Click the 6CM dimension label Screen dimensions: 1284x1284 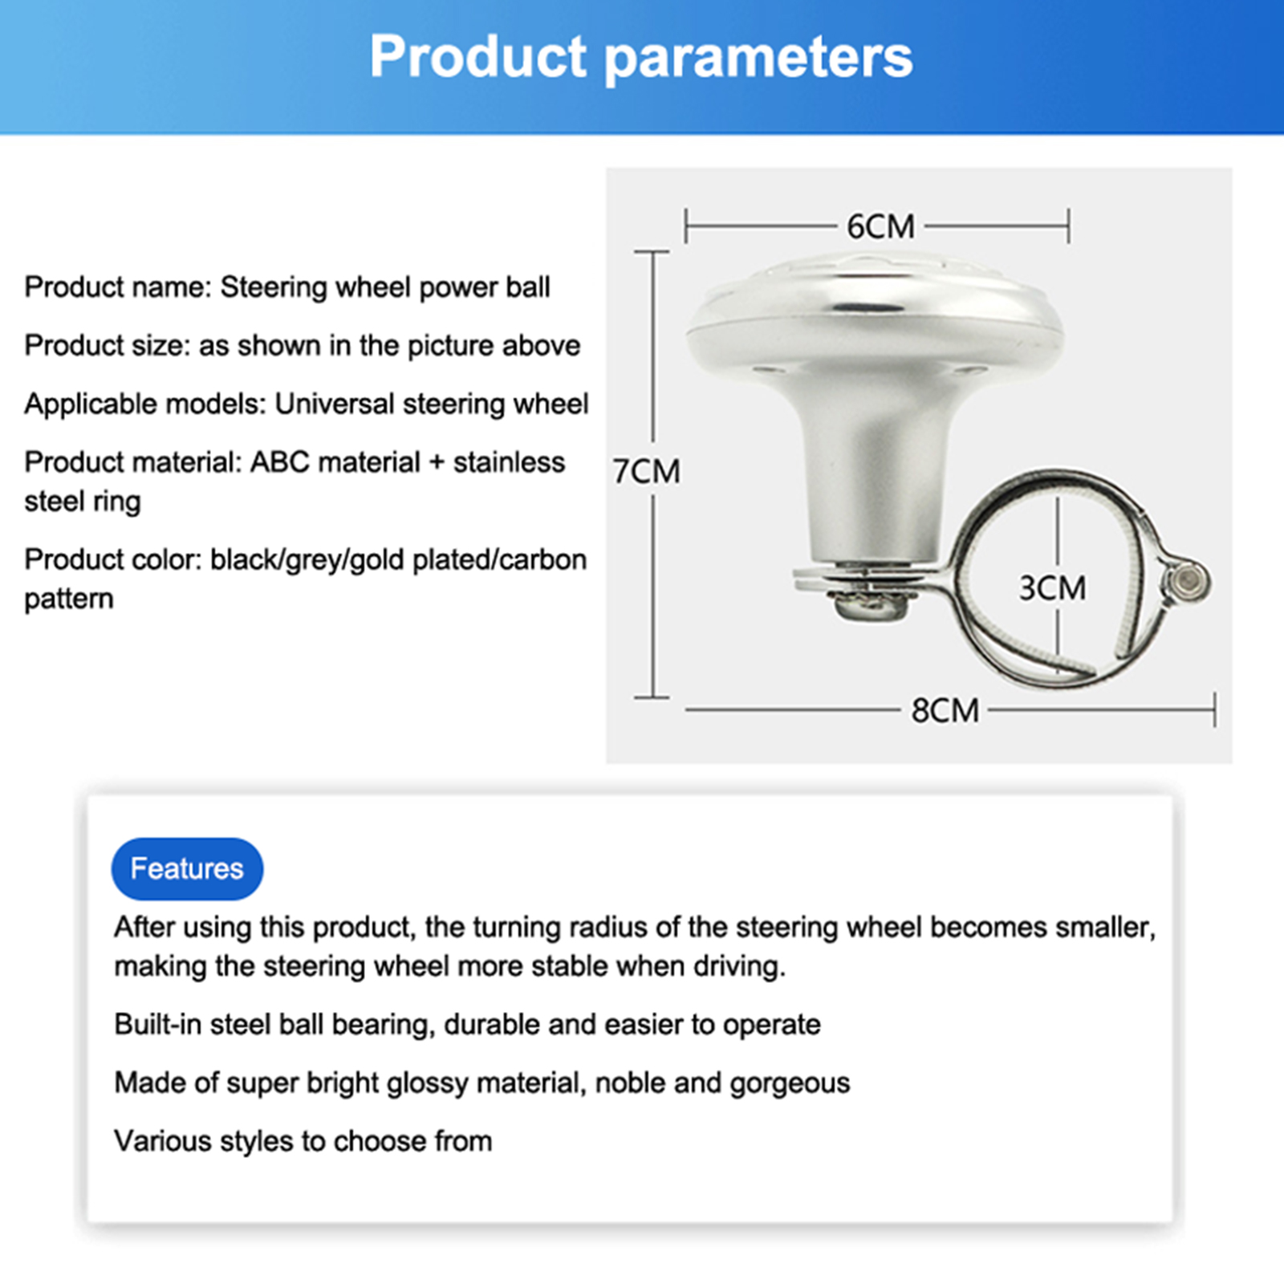[x=880, y=227]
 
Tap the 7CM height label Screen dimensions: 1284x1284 [x=646, y=472]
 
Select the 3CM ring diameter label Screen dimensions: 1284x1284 [x=1052, y=588]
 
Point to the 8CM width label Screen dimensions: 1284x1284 [x=945, y=711]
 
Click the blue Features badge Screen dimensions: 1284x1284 [x=187, y=869]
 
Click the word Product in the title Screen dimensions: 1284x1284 [x=478, y=57]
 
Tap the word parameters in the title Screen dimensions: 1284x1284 [x=758, y=60]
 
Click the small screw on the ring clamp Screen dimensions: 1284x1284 [x=1186, y=579]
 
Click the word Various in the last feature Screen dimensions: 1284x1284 [x=163, y=1141]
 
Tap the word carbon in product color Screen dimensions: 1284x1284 [x=542, y=559]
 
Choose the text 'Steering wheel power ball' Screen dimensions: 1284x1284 [x=385, y=287]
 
